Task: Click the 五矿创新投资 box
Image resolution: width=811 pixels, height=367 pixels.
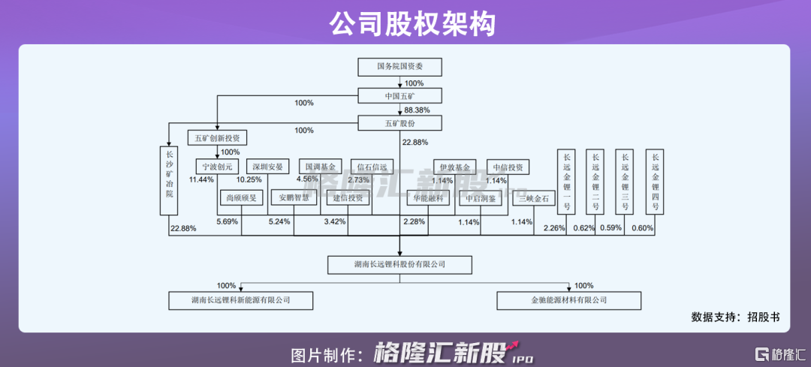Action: [216, 138]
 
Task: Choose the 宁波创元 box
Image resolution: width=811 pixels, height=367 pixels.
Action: [216, 167]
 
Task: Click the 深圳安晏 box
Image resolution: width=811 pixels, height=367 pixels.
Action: [267, 167]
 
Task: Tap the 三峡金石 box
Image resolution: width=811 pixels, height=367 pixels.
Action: [534, 199]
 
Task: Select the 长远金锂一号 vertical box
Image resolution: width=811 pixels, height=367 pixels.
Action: [567, 182]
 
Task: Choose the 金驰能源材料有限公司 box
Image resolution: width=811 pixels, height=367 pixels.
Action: [568, 300]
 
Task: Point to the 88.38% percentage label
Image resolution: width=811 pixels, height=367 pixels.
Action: [417, 110]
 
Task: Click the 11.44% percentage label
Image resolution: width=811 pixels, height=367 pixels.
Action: [202, 180]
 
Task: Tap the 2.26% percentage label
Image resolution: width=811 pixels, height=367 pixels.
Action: [553, 228]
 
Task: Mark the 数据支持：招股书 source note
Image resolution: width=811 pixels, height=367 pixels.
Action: [735, 317]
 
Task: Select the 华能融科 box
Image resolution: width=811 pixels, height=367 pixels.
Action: [427, 199]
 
